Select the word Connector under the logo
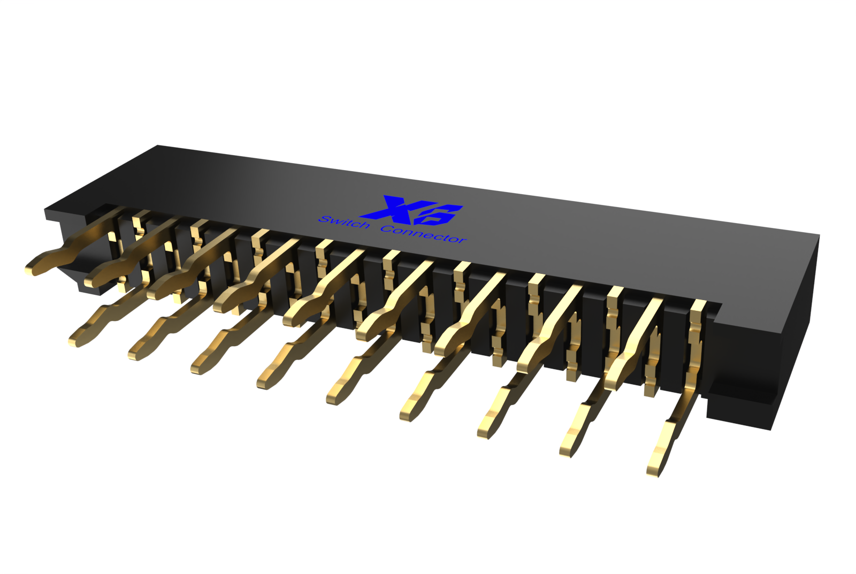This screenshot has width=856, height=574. [423, 234]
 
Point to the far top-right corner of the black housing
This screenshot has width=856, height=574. [819, 235]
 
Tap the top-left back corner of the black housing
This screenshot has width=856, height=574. [158, 146]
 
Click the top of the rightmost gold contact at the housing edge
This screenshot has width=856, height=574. [698, 306]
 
